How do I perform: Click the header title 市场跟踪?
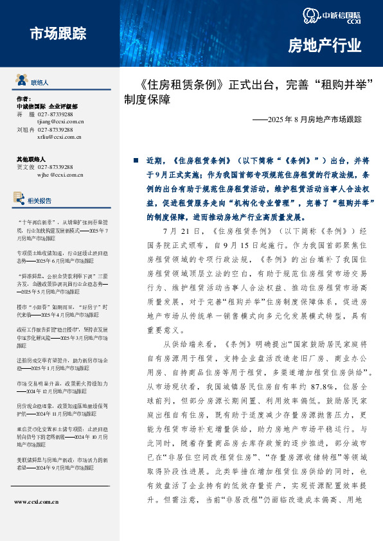coord(57,33)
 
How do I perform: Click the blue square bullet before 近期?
coord(135,160)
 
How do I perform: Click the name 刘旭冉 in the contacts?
coord(24,129)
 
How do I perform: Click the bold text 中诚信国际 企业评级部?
coord(46,106)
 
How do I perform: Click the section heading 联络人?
coord(39,83)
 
